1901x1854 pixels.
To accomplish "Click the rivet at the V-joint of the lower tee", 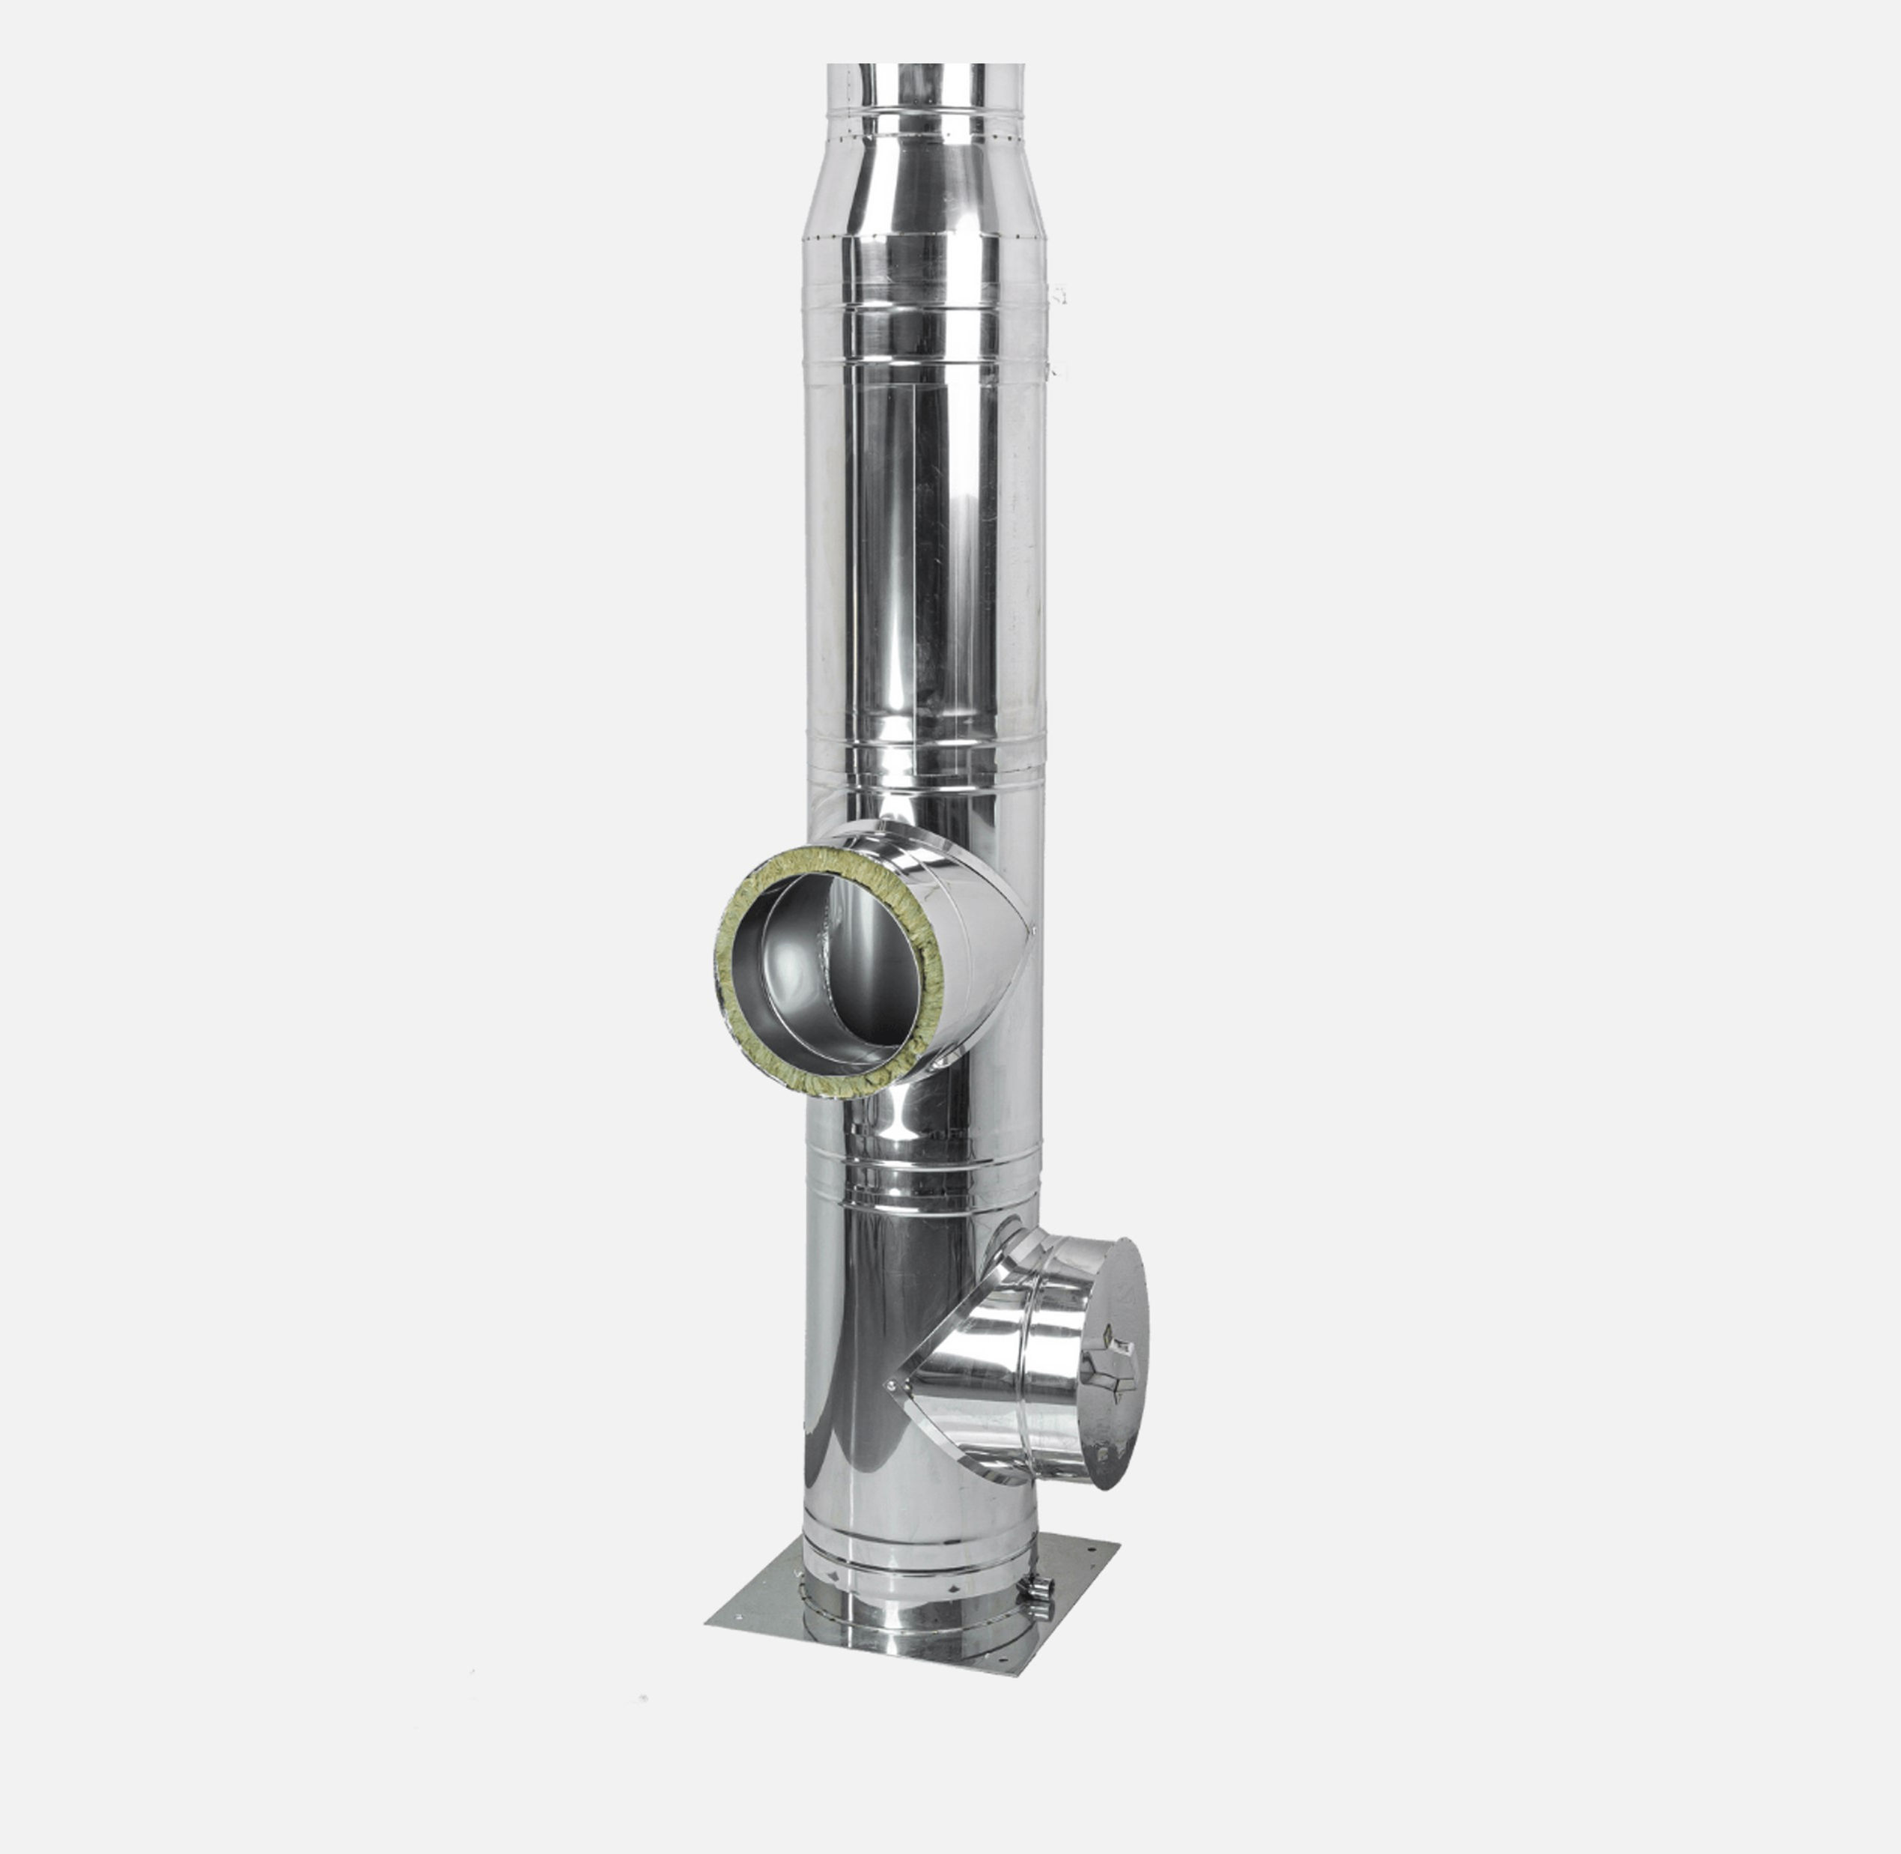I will tap(889, 1384).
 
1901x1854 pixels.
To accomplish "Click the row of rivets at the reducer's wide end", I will tap(925, 237).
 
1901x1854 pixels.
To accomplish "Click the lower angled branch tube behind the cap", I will tap(1012, 1363).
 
